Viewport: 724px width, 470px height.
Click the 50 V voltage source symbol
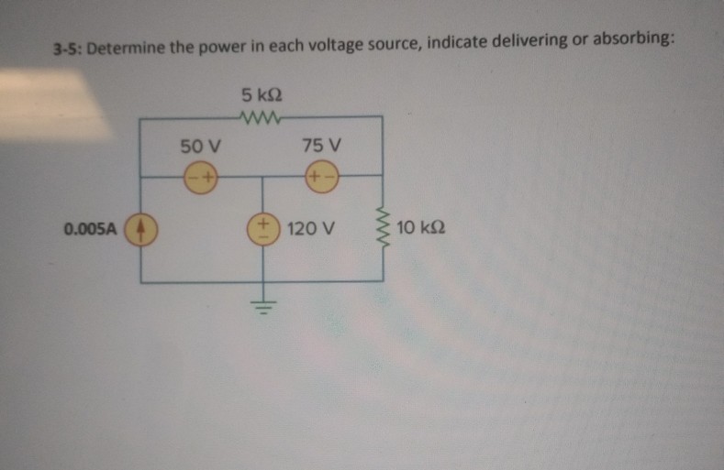tap(200, 176)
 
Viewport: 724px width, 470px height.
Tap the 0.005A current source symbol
tap(141, 228)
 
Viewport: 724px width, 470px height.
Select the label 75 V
tap(321, 145)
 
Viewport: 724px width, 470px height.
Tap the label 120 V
tap(308, 227)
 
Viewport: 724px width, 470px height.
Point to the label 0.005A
tap(90, 228)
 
